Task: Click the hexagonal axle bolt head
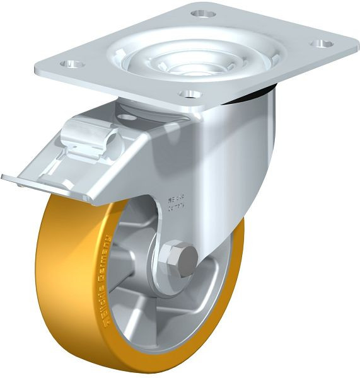tap(182, 259)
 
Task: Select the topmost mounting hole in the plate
tap(204, 13)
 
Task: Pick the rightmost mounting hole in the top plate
tap(322, 44)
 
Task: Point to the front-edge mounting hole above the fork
tap(189, 94)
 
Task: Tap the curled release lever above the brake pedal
tap(95, 135)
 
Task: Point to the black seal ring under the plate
tap(265, 94)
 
